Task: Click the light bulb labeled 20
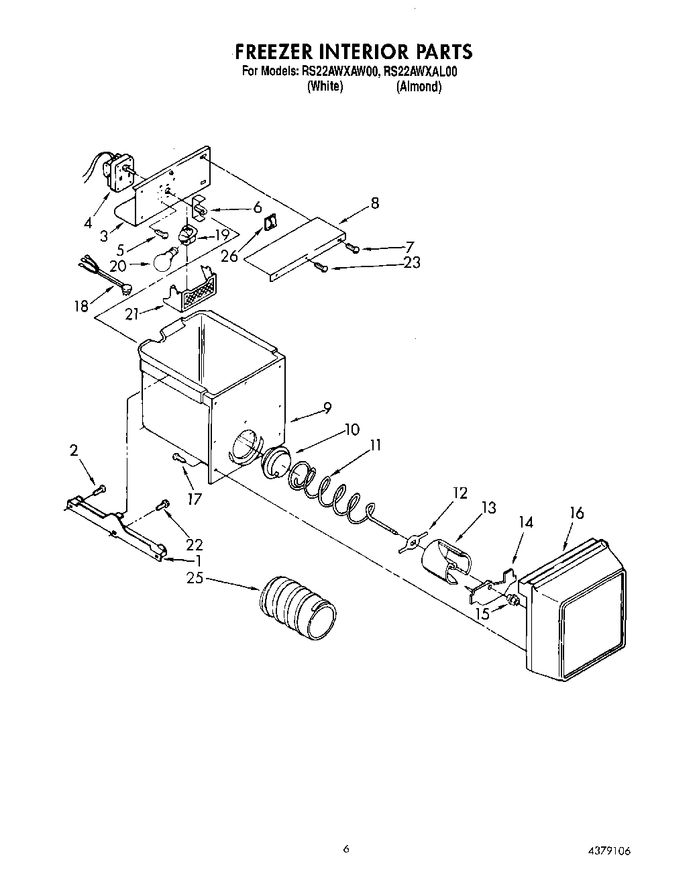(x=166, y=260)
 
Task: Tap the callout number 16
(x=576, y=513)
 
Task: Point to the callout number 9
(x=327, y=407)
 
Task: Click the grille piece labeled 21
(x=192, y=292)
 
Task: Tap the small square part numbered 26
(x=270, y=222)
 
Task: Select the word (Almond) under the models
(x=419, y=87)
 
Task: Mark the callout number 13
(x=489, y=508)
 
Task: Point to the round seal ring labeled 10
(x=274, y=463)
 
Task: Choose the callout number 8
(x=374, y=203)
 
